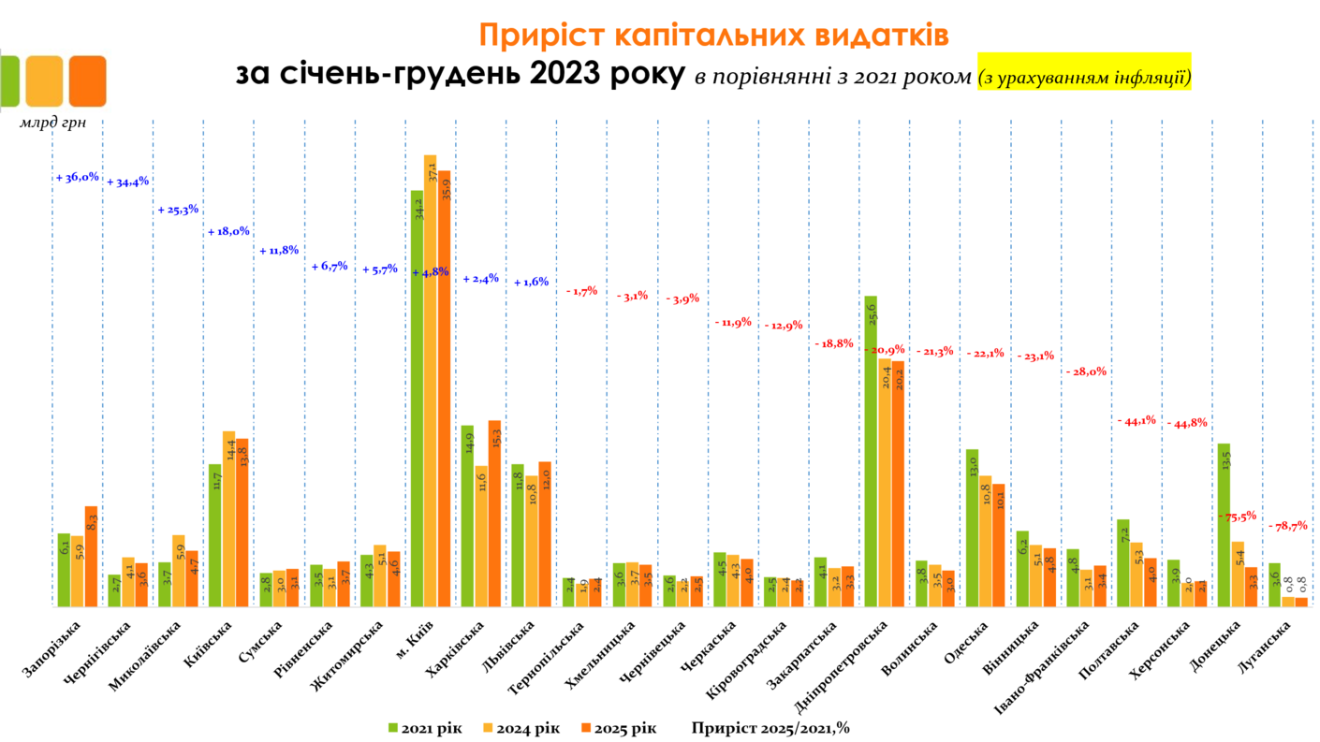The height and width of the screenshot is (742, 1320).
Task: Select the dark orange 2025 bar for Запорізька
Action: pyautogui.click(x=91, y=557)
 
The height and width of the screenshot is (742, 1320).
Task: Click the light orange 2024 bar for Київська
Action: pyautogui.click(x=228, y=519)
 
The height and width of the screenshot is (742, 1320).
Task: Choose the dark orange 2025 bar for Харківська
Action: pyautogui.click(x=494, y=514)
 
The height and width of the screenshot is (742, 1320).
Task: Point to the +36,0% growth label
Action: pyautogui.click(x=78, y=177)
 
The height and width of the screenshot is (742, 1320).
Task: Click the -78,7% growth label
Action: pyautogui.click(x=1288, y=526)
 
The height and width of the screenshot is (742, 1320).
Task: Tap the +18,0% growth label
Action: pyautogui.click(x=228, y=231)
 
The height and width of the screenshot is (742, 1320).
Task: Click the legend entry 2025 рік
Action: pyautogui.click(x=618, y=727)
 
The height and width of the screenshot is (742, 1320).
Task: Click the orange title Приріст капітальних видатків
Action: pyautogui.click(x=713, y=35)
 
